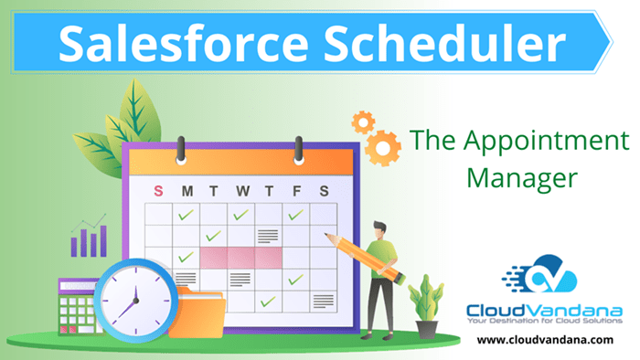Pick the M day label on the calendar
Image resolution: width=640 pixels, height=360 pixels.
click(x=187, y=190)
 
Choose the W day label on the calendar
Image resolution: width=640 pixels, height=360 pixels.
click(x=241, y=190)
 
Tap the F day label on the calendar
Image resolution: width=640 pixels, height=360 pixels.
click(x=295, y=190)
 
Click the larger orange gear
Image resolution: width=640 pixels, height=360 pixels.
click(x=382, y=145)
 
